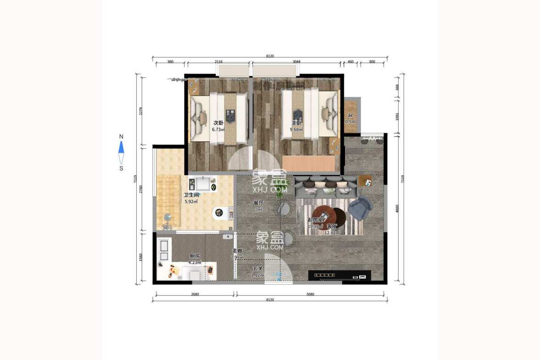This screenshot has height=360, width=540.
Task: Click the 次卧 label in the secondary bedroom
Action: (218, 123)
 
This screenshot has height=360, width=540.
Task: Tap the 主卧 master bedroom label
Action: (296, 123)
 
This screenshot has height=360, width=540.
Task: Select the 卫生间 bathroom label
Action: (191, 195)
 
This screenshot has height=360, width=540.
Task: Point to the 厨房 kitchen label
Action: (195, 256)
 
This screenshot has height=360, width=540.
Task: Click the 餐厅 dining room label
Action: (258, 203)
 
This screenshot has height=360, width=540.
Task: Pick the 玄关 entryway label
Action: (257, 268)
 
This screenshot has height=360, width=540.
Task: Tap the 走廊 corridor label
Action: (237, 251)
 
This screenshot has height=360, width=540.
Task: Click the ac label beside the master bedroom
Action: (351, 115)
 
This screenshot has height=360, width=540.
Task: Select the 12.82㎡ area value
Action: (332, 233)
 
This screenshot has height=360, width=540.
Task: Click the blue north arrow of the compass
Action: (121, 147)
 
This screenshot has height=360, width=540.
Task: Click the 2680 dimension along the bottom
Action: (195, 294)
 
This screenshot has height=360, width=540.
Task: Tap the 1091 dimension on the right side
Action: (397, 116)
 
